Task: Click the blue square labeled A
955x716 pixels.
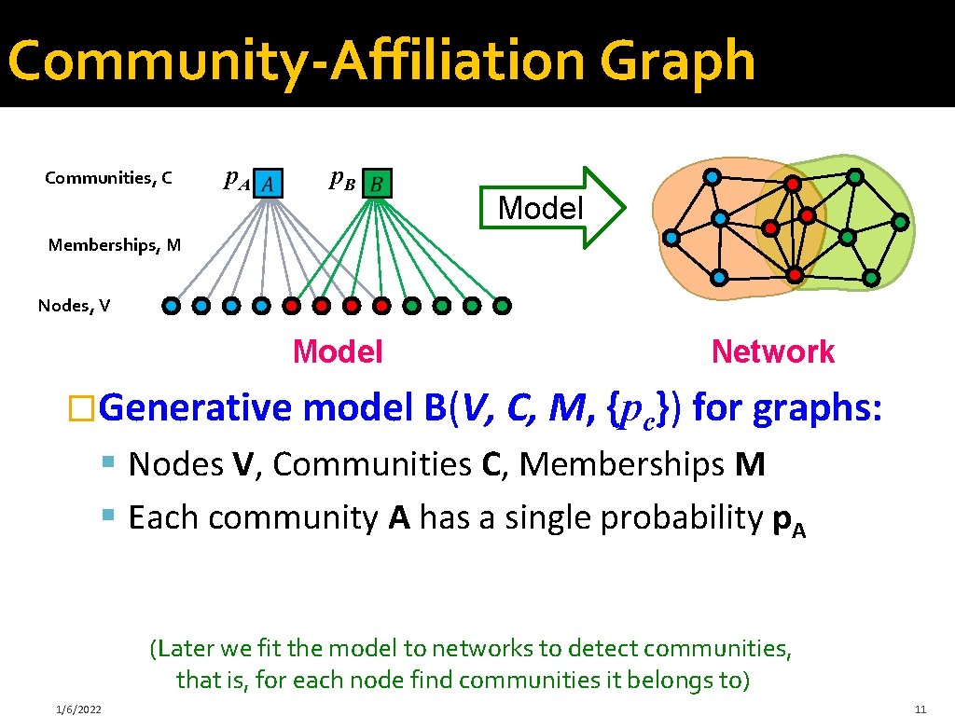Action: tap(268, 184)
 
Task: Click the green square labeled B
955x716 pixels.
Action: tap(377, 184)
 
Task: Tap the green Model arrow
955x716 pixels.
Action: tap(551, 207)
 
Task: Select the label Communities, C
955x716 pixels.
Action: tap(108, 177)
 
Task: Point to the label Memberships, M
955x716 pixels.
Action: tap(115, 245)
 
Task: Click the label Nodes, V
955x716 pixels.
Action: tap(74, 305)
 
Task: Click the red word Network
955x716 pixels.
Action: tap(772, 351)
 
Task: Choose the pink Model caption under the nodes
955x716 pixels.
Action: tap(338, 351)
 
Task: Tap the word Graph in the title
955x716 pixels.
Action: tap(677, 61)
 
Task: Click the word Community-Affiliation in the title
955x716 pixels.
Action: tap(297, 61)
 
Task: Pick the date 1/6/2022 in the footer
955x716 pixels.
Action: tap(78, 709)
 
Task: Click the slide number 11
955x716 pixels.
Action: tap(920, 709)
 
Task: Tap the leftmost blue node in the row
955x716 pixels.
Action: tap(172, 305)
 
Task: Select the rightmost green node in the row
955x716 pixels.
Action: tap(502, 305)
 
